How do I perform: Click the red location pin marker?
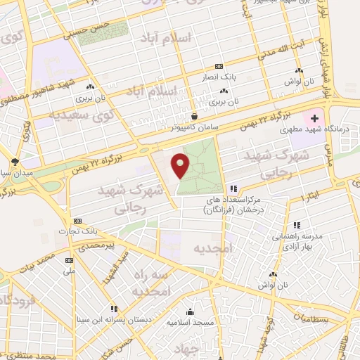181,165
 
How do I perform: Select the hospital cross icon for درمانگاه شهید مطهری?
314,118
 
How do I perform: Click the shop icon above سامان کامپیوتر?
194,116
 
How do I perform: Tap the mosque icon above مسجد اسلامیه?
189,312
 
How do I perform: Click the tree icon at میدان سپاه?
15,162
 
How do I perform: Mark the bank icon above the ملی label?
69,259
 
